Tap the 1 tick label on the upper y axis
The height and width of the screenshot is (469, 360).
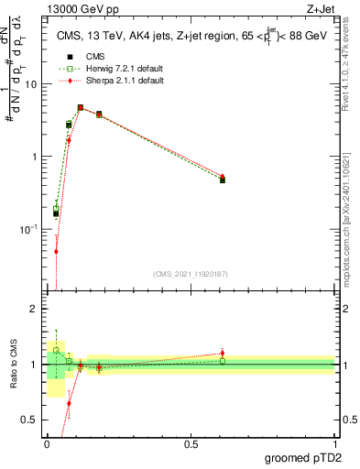click(38, 157)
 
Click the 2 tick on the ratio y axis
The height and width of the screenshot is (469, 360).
click(38, 309)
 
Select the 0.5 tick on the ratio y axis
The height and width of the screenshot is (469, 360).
click(34, 420)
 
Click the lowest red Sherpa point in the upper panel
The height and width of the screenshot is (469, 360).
click(56, 251)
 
